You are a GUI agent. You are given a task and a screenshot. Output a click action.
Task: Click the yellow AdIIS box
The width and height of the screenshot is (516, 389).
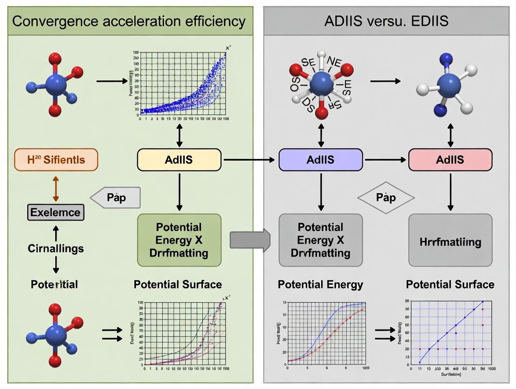179,160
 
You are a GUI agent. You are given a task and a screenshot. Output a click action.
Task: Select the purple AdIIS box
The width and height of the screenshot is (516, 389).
321,160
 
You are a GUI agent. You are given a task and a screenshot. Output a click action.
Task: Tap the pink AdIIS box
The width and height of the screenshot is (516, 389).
450,160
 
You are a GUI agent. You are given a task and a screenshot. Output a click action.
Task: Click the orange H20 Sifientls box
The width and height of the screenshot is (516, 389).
56,160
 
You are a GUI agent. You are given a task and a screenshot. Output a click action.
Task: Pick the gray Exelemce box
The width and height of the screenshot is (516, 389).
56,213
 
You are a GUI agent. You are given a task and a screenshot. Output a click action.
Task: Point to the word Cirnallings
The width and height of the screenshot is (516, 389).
56,248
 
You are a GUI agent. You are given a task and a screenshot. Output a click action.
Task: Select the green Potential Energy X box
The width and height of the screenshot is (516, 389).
179,240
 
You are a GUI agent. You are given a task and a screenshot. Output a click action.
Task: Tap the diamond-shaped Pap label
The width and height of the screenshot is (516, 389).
386,198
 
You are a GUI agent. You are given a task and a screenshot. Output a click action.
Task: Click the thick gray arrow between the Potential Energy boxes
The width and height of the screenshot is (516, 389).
250,241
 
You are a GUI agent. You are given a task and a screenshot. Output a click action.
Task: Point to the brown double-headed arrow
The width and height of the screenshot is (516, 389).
56,189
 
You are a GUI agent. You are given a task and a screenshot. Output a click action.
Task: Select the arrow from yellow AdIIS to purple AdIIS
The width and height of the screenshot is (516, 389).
249,160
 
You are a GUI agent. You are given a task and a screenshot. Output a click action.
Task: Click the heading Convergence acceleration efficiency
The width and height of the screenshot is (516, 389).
129,21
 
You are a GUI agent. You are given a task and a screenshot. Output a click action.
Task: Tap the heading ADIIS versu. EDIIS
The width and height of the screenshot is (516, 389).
386,21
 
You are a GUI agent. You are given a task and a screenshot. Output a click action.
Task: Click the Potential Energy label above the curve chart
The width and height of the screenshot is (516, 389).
320,284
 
